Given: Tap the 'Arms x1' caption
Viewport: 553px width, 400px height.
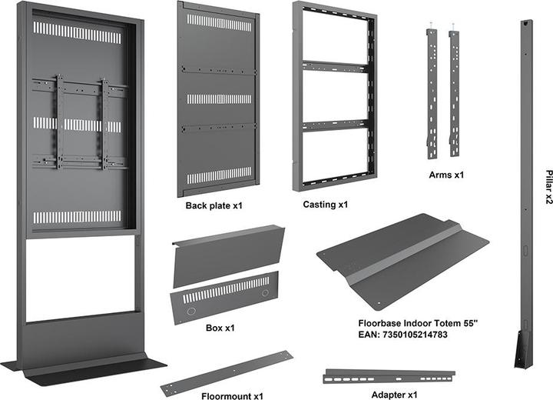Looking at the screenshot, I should coord(446,175).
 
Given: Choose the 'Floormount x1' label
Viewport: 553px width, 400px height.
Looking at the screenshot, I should coord(233,396).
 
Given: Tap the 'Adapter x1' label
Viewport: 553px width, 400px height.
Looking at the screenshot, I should coord(389,394).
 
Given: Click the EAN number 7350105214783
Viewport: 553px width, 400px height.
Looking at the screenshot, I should coord(403,335).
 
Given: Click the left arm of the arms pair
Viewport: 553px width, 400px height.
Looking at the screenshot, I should coord(432,92).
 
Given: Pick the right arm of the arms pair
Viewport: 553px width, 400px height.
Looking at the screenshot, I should coord(454,92).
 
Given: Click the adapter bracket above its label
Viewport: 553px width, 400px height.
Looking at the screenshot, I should coord(389,375).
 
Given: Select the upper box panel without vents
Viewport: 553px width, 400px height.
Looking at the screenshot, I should coord(226,255).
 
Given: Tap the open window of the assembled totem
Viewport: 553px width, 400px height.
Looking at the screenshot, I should coord(81,277).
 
